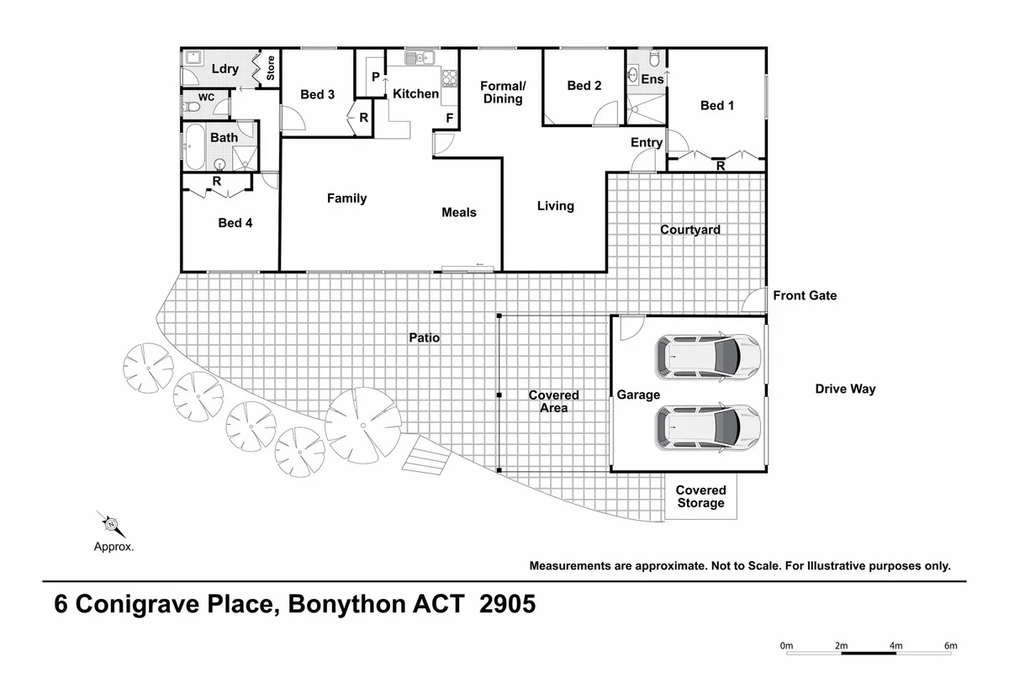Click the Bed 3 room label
click(x=318, y=94)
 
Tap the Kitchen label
click(x=415, y=93)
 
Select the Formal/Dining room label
click(x=503, y=93)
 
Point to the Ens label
click(x=652, y=79)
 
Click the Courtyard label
click(x=689, y=230)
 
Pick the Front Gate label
click(x=805, y=295)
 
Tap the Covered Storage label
click(x=700, y=496)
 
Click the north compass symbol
click(x=111, y=524)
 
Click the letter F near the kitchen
click(x=450, y=118)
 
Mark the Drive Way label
click(x=845, y=389)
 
